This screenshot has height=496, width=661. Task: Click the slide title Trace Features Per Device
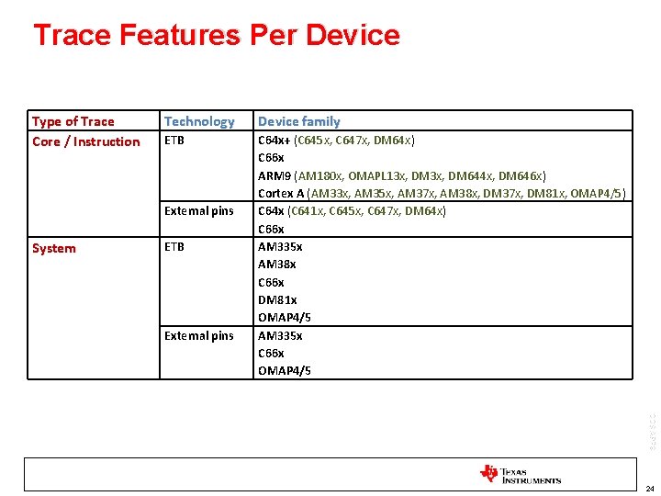[x=216, y=36]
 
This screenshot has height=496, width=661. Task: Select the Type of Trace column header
[x=73, y=121]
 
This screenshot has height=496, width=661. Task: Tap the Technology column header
[x=199, y=121]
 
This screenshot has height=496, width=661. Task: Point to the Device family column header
[x=298, y=121]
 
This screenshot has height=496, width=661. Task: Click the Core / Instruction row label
[x=86, y=141]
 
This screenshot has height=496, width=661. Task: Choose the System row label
[x=54, y=248]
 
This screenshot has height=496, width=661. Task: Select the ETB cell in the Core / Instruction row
[x=174, y=141]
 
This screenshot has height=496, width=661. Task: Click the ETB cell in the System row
[x=174, y=247]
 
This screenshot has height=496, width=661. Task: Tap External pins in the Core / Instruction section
[x=199, y=211]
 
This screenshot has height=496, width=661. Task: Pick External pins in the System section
[x=199, y=336]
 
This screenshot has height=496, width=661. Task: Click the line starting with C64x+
[x=336, y=141]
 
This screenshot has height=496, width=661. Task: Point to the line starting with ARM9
[x=402, y=175]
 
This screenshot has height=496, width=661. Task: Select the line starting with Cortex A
[x=442, y=194]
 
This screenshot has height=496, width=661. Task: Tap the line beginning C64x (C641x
[x=352, y=211]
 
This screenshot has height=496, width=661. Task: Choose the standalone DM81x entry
[x=277, y=300]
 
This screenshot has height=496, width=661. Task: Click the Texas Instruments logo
[x=520, y=474]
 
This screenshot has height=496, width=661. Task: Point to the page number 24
[x=648, y=489]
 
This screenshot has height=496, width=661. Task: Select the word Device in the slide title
[x=353, y=36]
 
